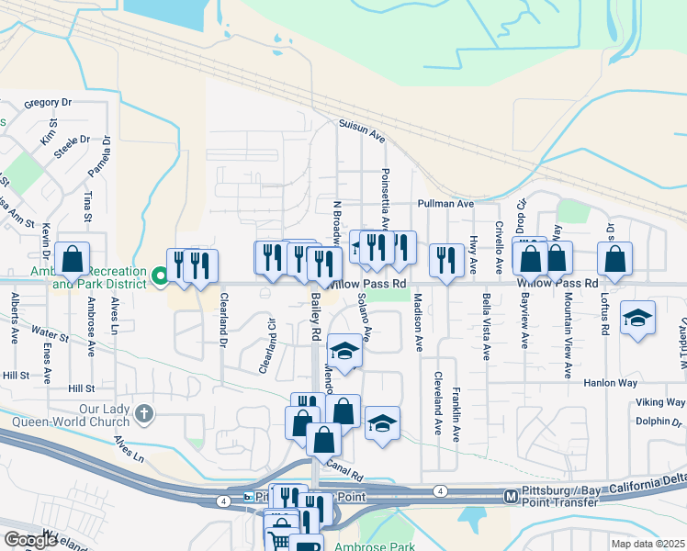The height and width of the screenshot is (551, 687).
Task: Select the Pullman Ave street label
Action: pos(445,203)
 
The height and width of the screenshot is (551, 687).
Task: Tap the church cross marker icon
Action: pos(143,414)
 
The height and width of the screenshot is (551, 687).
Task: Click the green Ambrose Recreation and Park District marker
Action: pos(159,275)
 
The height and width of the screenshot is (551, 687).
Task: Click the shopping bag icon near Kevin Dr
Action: pos(73,260)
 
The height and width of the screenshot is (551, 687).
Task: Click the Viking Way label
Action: pos(659,403)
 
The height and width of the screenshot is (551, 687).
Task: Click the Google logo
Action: pos(30,540)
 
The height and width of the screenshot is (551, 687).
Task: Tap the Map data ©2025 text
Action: pos(648,544)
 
